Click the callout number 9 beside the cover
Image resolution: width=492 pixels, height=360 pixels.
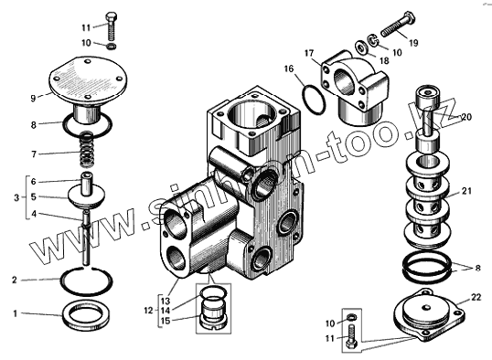pos(33,98)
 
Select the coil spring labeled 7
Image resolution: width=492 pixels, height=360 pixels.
pos(87,150)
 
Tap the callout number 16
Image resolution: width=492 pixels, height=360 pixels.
pos(289,69)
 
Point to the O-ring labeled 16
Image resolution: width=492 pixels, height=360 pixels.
pos(314,100)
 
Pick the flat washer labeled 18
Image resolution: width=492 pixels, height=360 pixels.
pos(363,48)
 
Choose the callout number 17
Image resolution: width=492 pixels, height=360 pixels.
pos(309,53)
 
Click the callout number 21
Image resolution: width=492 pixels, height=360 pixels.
pos(466,191)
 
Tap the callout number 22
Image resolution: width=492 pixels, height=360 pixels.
pos(476,297)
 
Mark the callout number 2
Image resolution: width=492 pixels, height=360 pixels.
pos(14,280)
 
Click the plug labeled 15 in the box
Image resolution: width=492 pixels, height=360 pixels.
pos(214,316)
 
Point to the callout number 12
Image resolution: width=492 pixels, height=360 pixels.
pos(149,311)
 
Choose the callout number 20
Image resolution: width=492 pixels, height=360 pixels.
pos(466,117)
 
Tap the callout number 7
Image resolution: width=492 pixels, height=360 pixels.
pos(34,154)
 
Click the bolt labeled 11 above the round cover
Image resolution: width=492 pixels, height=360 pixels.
pos(112,26)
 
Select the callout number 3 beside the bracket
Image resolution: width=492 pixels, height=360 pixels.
pos(16,198)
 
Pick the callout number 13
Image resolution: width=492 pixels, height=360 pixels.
pos(166,301)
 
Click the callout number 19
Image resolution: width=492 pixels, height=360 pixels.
pos(414,42)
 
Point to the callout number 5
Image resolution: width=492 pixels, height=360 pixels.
pos(34,196)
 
